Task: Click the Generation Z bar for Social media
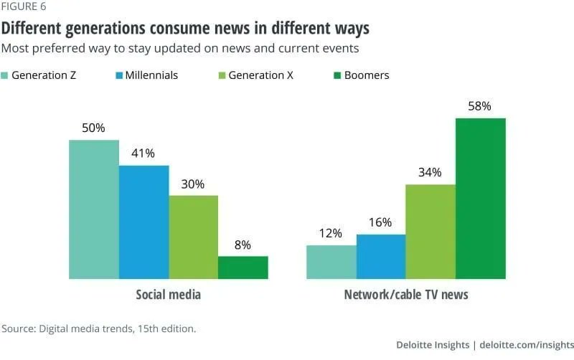pyautogui.click(x=94, y=209)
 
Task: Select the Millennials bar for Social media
pyautogui.click(x=143, y=222)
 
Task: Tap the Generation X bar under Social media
pyautogui.click(x=193, y=237)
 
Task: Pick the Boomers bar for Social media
pyautogui.click(x=243, y=267)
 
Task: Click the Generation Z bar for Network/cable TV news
pyautogui.click(x=331, y=262)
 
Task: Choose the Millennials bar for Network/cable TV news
pyautogui.click(x=380, y=256)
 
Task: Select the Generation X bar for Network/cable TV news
pyautogui.click(x=430, y=232)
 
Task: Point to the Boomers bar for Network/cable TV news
pyautogui.click(x=480, y=199)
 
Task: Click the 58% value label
pyautogui.click(x=480, y=106)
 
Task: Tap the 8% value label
pyautogui.click(x=243, y=245)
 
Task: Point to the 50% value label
pyautogui.click(x=94, y=128)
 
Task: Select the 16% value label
pyautogui.click(x=380, y=222)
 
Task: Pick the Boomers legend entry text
pyautogui.click(x=366, y=75)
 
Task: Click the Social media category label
pyautogui.click(x=168, y=295)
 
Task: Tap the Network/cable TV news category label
pyautogui.click(x=406, y=295)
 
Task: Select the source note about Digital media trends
pyautogui.click(x=98, y=328)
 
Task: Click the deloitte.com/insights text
pyautogui.click(x=527, y=346)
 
